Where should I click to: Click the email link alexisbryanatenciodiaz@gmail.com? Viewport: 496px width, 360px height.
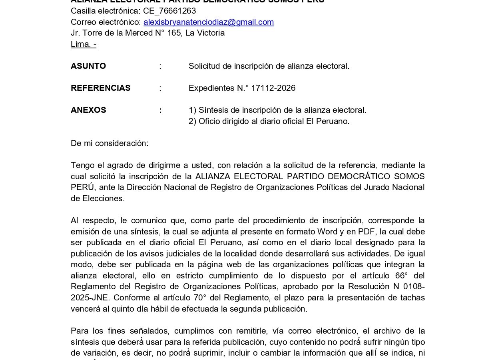click(x=209, y=22)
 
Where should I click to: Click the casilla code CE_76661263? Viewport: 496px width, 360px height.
click(x=169, y=11)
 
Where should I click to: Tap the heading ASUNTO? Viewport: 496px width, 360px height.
click(x=88, y=66)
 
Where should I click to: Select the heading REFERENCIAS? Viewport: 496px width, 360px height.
click(x=101, y=88)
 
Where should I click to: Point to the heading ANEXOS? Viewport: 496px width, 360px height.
click(x=88, y=110)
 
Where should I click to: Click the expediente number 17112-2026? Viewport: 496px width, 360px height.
click(x=279, y=88)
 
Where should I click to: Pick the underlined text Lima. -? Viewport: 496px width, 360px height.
click(x=84, y=44)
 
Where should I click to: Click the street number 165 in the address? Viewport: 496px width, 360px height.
click(x=174, y=33)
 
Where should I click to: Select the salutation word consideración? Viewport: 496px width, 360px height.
click(x=127, y=143)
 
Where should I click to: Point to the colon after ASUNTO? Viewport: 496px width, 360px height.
click(x=160, y=66)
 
